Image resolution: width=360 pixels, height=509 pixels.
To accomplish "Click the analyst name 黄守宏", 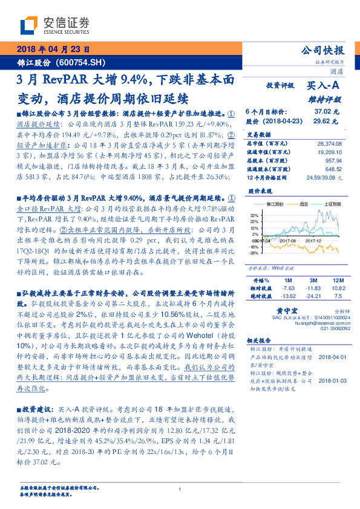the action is click(282, 308).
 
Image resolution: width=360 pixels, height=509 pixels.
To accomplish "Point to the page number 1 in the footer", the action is click(180, 490).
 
